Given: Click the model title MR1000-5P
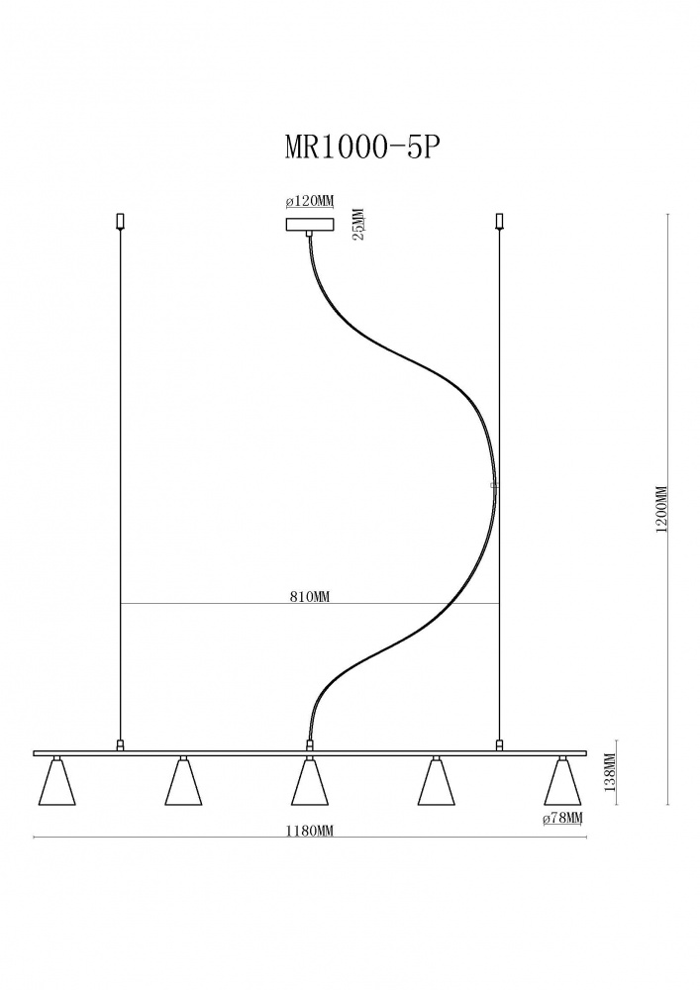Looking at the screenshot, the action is click(361, 148).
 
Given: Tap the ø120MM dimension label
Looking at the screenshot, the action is click(309, 201).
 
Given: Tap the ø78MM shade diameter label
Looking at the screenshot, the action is click(562, 819).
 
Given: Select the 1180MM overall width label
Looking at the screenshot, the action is click(309, 831).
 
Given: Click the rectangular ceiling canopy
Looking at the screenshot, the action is click(309, 225).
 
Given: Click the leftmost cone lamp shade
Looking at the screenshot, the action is click(57, 782).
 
